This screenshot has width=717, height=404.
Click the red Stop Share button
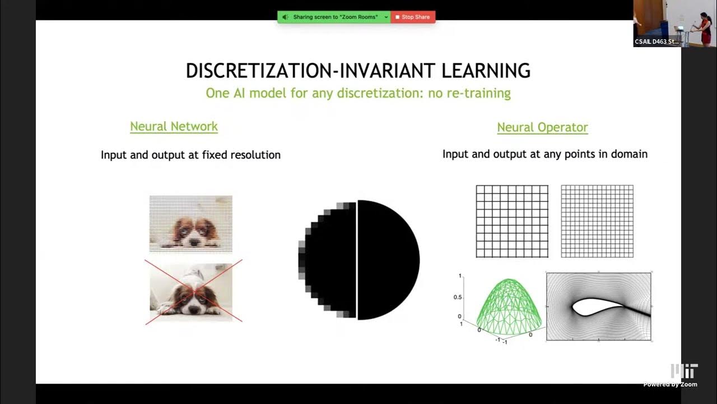413,17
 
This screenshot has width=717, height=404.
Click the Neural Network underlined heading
174,126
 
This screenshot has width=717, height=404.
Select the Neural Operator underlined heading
542,127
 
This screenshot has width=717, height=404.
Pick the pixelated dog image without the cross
190,223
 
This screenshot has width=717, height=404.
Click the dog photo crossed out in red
191,292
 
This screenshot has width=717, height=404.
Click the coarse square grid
512,221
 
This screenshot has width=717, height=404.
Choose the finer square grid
597,221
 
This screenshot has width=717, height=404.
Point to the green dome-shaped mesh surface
509,306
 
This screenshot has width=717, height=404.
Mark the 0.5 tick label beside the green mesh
458,296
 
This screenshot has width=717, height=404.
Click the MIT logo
684,371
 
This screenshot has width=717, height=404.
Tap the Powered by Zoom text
670,384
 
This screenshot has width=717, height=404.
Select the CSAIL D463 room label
657,42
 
